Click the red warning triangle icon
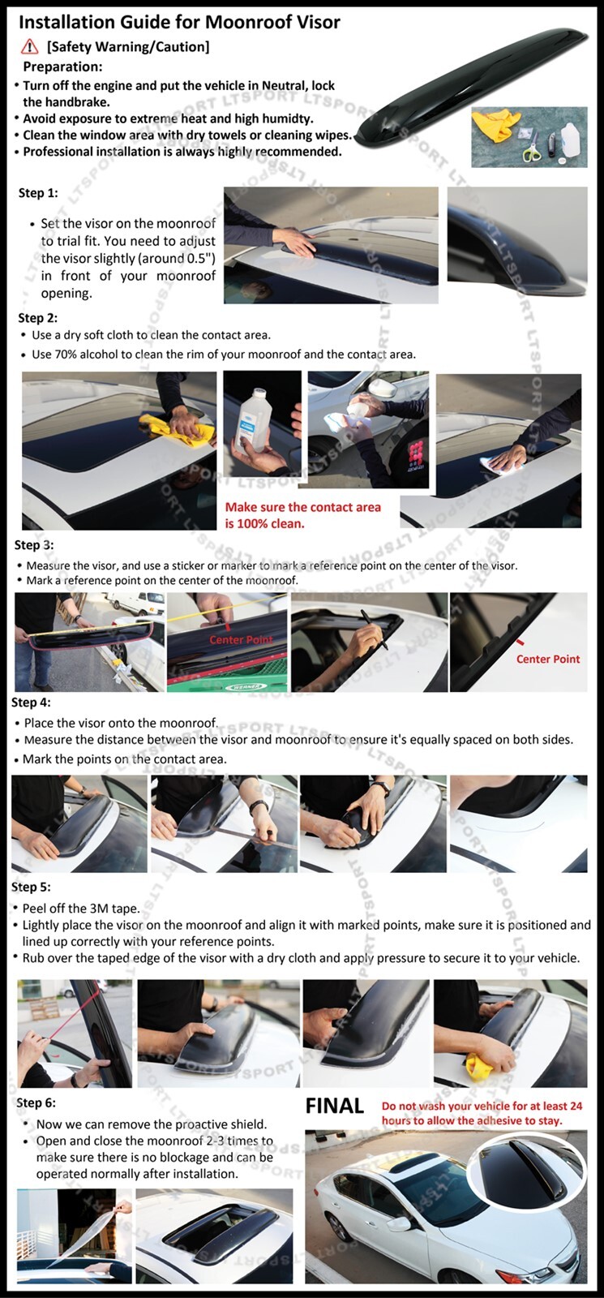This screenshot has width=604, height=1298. (29, 46)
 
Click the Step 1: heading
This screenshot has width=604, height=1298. (38, 193)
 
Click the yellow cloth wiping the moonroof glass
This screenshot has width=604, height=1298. (179, 429)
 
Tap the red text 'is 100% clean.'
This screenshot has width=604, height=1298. (264, 524)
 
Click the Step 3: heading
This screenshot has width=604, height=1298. (34, 545)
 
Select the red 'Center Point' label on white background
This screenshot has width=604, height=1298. (548, 659)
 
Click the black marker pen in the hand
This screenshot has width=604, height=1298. (374, 629)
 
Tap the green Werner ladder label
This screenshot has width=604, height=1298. (246, 686)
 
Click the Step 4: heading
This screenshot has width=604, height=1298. (32, 703)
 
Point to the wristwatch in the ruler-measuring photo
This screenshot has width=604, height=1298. (259, 806)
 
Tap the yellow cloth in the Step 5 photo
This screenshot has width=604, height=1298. (479, 1063)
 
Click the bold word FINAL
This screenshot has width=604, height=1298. (335, 1107)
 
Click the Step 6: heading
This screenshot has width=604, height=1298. (36, 1102)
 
